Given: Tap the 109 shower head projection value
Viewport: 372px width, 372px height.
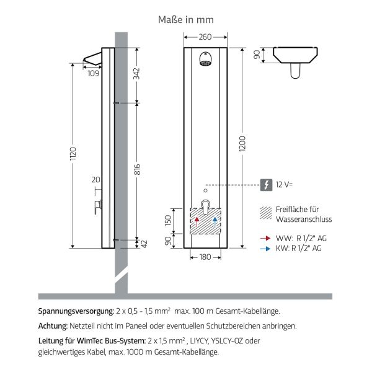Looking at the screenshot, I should point(93,74).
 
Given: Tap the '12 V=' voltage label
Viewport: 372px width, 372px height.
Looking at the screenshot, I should point(284,184).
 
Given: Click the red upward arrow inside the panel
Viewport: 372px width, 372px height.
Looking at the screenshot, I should point(197,221).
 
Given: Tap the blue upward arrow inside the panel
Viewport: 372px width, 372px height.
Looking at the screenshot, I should point(214,221).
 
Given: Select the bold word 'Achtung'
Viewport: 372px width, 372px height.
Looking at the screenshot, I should point(52,325).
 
